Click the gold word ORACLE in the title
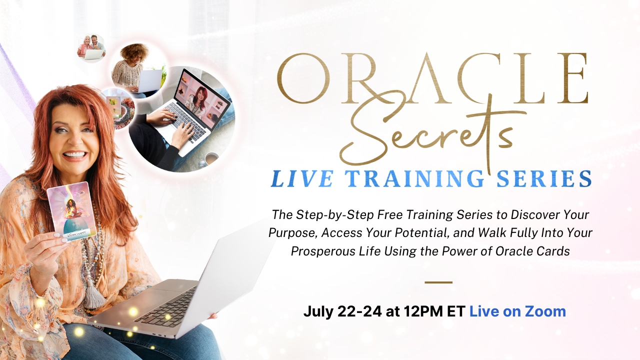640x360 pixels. pos(432,78)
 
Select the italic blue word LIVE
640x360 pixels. pos(302,179)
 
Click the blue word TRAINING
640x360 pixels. pos(414,179)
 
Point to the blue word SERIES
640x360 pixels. pos(544,179)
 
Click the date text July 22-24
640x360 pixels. pos(342,311)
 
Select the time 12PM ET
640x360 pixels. pos(434,311)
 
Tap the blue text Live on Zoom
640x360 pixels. pos(517,311)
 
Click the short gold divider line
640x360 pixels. pos(438,282)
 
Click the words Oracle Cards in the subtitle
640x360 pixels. pos(532,251)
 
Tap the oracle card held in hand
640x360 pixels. pos(71,211)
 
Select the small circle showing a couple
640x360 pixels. pos(91,48)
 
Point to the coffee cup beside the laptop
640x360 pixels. pos(211,158)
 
